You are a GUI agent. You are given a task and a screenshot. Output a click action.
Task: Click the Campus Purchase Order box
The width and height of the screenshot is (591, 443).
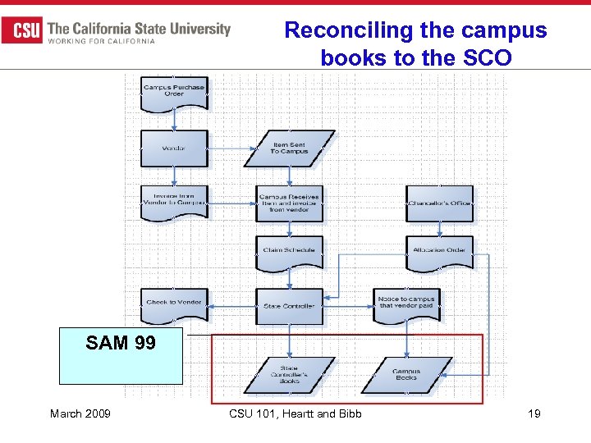(174, 93)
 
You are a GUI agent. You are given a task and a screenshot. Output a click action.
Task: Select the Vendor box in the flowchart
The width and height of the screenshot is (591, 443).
(174, 148)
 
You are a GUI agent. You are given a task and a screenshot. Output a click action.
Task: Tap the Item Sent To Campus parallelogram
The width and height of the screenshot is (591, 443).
(290, 148)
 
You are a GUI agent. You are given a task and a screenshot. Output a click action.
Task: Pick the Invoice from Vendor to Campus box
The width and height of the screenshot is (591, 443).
(174, 202)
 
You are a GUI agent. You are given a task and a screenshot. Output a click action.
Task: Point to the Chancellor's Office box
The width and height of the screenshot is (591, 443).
(439, 203)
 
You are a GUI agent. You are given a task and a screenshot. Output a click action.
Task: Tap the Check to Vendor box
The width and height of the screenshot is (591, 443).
(174, 304)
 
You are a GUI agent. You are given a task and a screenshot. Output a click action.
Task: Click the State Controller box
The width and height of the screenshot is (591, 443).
(290, 305)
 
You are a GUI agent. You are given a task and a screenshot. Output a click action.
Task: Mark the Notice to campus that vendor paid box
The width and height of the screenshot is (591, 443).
(406, 304)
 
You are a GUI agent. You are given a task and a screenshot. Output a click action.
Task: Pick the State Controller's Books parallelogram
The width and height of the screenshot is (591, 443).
(290, 375)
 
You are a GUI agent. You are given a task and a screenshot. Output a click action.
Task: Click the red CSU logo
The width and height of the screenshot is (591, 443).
(22, 31)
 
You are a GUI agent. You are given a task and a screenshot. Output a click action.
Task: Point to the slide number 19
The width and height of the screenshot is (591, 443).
(534, 413)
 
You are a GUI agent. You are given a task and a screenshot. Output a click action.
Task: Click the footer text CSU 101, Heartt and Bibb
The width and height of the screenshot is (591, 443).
(295, 413)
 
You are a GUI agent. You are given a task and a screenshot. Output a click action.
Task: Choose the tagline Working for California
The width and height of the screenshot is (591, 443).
(102, 41)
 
